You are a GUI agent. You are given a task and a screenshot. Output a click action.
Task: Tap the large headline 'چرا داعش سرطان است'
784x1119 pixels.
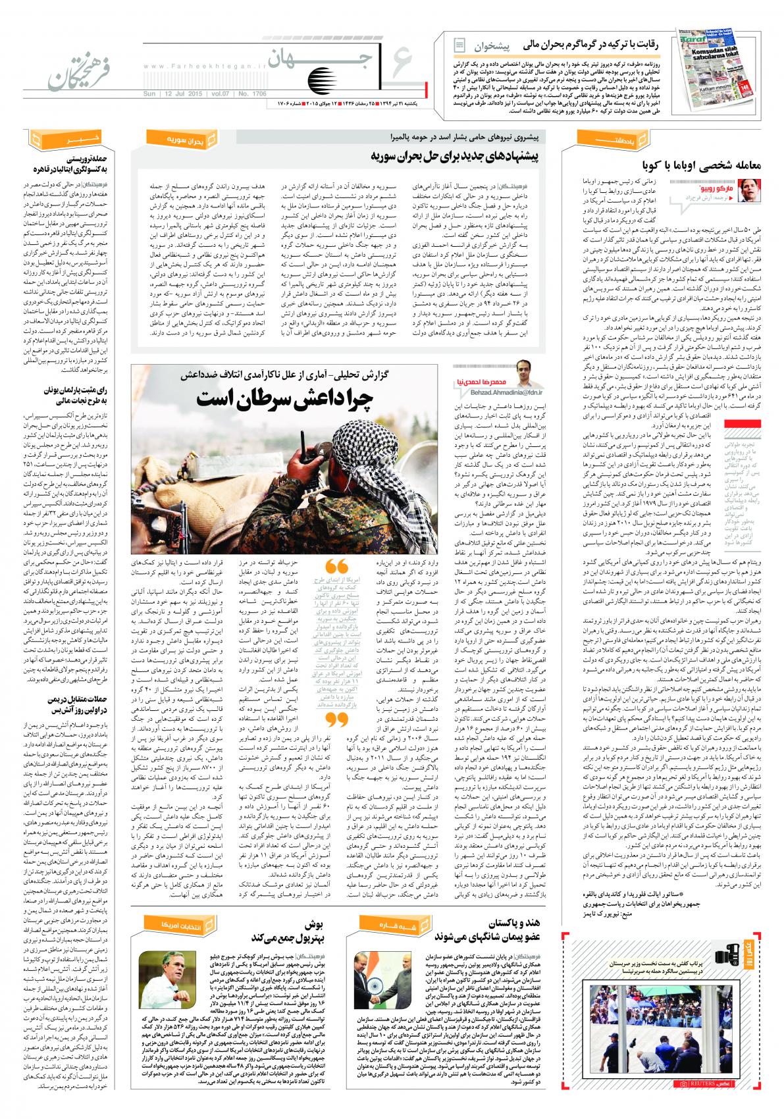283,399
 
